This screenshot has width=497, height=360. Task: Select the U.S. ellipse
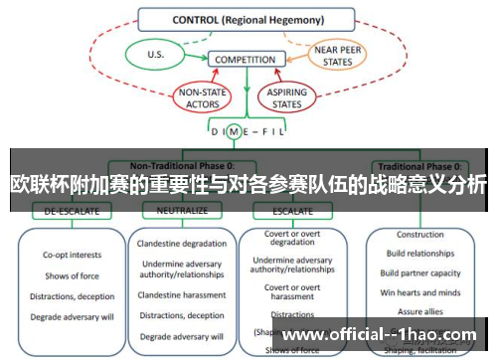(x=156, y=54)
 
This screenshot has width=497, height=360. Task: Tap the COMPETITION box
(x=245, y=60)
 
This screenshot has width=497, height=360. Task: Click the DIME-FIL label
(x=248, y=131)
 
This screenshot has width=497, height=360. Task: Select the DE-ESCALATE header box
(x=65, y=211)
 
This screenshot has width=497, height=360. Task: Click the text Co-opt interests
(x=70, y=255)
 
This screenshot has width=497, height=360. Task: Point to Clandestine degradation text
(x=182, y=245)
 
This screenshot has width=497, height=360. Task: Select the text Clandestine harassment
(x=182, y=294)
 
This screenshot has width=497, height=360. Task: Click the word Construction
(x=419, y=235)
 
